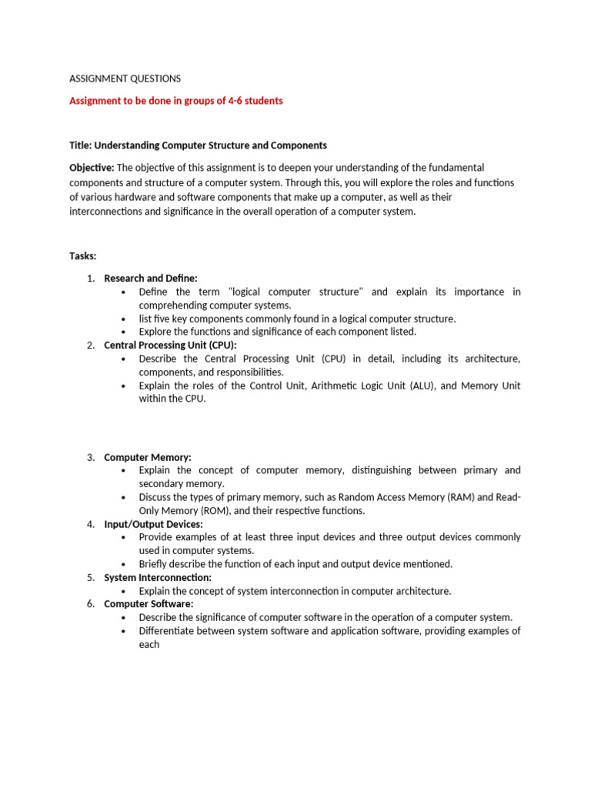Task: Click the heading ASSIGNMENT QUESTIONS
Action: pyautogui.click(x=125, y=78)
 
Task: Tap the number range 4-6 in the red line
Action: pyautogui.click(x=229, y=101)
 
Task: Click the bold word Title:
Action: pyautogui.click(x=82, y=145)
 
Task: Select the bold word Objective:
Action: pyautogui.click(x=92, y=168)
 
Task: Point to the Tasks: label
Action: pyautogui.click(x=83, y=255)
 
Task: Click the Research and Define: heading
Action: pyautogui.click(x=151, y=278)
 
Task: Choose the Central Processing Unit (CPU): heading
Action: pyautogui.click(x=170, y=346)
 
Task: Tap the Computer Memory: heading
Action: pyautogui.click(x=148, y=457)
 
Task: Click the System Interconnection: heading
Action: pyautogui.click(x=158, y=577)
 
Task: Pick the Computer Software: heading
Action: pyautogui.click(x=149, y=604)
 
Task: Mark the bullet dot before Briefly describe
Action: pyautogui.click(x=124, y=564)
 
